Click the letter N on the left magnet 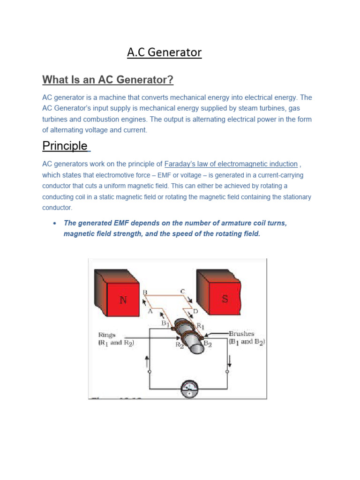point(123,300)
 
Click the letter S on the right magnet point(225,299)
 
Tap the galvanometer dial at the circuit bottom point(189,388)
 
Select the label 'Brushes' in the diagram point(242,334)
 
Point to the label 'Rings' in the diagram point(107,335)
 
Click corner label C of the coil point(182,292)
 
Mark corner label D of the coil point(195,311)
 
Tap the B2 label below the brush point(208,343)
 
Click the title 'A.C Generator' point(164,52)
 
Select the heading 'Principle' point(65,146)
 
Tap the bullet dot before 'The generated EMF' point(55,223)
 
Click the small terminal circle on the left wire point(150,371)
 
